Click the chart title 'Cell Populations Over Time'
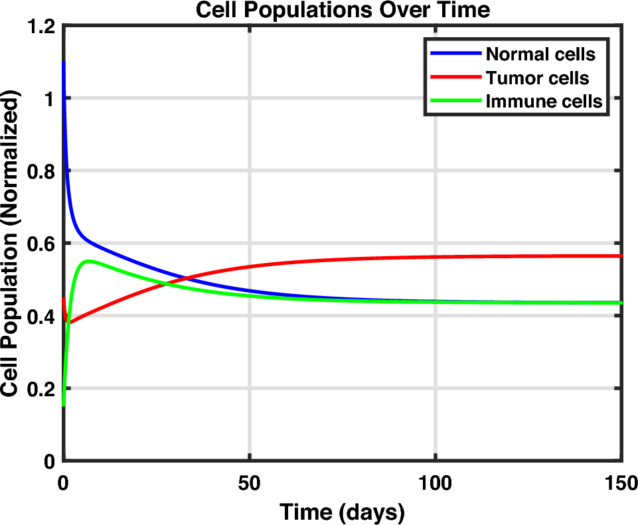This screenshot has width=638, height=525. tap(342, 10)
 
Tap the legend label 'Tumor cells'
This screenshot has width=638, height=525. tap(537, 78)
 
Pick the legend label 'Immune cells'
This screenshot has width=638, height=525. tap(544, 102)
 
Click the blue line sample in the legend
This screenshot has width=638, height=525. tap(455, 54)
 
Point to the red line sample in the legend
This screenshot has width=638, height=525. tap(455, 78)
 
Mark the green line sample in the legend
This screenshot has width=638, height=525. tap(455, 102)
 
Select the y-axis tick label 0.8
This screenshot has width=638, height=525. tap(41, 171)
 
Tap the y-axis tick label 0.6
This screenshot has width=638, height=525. tap(41, 244)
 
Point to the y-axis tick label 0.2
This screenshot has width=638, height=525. tap(41, 389)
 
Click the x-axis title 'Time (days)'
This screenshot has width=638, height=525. tap(342, 512)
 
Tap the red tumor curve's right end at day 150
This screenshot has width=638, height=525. tap(620, 256)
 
